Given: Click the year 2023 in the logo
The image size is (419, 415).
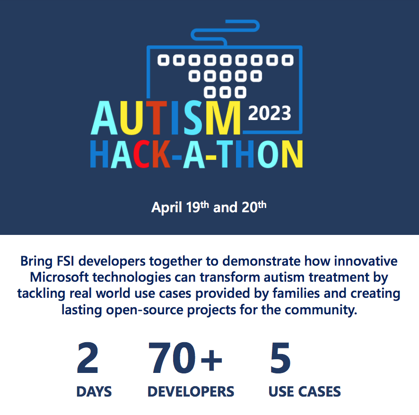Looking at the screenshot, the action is tap(270, 113).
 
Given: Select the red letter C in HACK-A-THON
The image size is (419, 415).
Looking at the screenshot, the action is tap(141, 154).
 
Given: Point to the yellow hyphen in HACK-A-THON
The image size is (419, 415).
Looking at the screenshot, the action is tap(211, 157).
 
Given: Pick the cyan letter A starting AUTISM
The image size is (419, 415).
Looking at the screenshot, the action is tap(104, 118).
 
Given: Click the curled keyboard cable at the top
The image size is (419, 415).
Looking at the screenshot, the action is tap(225, 30).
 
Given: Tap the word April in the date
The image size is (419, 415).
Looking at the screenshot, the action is tap(167, 208).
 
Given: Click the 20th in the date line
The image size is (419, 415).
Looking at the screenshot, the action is tap(254, 207).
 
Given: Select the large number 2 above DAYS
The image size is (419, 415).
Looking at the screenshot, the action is tap(87, 358).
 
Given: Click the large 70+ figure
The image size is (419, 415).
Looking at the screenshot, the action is tap(185, 358).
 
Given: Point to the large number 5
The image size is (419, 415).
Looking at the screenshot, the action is tap(280, 358).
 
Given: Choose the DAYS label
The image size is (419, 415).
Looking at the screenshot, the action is tap(94, 392).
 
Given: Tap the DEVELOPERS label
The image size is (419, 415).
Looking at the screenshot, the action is tap(191, 392).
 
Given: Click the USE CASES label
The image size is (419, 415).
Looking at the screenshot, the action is tap(305, 392).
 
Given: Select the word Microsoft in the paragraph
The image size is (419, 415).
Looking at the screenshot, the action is tap(59, 277).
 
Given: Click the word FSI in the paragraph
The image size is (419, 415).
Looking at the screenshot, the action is tap(65, 261).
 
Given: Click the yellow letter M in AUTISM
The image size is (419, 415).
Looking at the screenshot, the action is tap(223, 118).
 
